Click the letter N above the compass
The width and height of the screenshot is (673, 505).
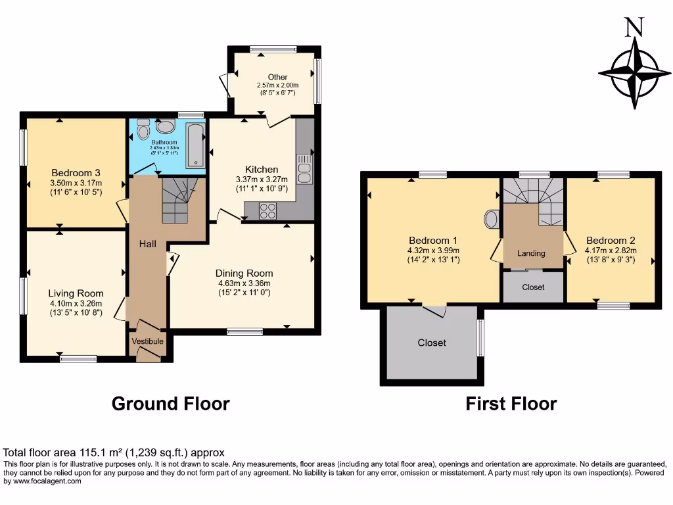(634, 26)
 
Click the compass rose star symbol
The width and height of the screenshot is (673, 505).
(635, 72)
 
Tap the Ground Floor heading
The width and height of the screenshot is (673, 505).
(171, 403)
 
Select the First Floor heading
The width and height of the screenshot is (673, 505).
(511, 403)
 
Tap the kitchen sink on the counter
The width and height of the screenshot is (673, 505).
(304, 170)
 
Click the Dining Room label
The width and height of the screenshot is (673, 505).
(244, 274)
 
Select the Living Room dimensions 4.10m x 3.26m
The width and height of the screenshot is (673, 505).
(76, 303)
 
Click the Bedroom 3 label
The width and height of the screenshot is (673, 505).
(76, 174)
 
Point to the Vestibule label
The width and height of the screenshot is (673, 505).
(147, 341)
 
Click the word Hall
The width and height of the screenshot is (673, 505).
(148, 244)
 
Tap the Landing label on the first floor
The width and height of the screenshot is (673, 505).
(531, 253)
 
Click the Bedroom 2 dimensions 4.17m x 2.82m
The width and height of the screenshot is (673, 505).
(611, 250)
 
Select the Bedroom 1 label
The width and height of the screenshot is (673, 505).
(433, 241)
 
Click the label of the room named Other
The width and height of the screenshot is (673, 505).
(277, 77)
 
